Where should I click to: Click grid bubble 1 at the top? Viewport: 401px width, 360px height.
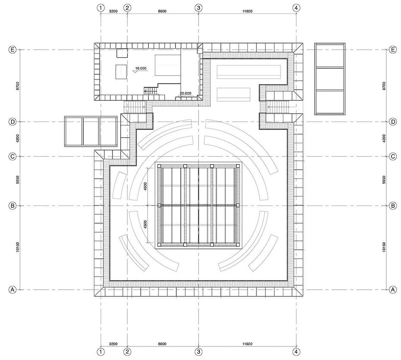coord(101,8)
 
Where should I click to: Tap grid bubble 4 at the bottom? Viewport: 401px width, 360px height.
coord(296,352)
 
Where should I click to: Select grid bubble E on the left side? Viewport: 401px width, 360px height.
coord(12,50)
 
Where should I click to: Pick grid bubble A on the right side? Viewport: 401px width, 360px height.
coord(393,290)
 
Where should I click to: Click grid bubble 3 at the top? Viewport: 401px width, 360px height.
coord(198,8)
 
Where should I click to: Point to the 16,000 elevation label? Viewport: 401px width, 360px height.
coord(141,68)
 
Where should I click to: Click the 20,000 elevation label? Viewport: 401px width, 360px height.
coord(185,93)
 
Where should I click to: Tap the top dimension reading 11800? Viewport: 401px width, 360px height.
coord(247,11)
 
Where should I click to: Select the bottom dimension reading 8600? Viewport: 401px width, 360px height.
coord(162,344)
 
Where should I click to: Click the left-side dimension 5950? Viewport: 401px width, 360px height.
coord(18,180)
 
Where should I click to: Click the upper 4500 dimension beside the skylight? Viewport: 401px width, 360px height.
coord(145,186)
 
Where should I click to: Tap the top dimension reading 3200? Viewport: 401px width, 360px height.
coord(113,11)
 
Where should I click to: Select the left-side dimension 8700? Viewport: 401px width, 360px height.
coord(18,86)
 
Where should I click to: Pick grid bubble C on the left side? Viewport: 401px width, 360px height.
coord(12,157)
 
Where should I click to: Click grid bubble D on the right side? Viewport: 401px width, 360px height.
coord(393,122)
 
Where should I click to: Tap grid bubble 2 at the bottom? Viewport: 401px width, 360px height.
coord(127,352)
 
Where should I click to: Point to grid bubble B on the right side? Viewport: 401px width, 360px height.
coord(393,206)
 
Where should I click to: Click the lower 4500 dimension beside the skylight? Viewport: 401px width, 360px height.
coord(145,224)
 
